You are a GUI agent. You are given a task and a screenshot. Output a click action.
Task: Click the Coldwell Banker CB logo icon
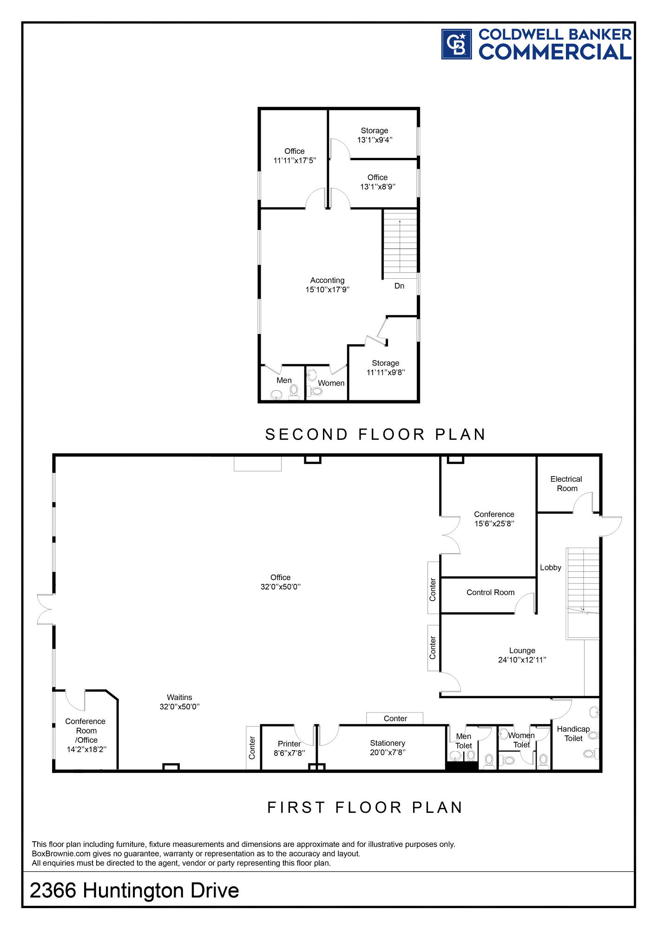(456, 44)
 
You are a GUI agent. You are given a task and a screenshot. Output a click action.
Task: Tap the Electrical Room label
(566, 484)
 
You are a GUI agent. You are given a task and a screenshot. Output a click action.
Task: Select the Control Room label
(491, 592)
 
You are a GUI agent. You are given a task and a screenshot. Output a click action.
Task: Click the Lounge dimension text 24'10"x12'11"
(522, 660)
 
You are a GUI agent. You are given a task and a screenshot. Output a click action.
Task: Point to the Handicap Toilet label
(573, 733)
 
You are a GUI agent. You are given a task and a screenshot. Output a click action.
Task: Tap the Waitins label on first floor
(179, 697)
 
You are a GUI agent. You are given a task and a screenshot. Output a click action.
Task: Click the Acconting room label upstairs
(328, 280)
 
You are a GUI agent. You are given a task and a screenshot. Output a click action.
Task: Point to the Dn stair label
(399, 286)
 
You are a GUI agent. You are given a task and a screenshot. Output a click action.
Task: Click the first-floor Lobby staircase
(583, 593)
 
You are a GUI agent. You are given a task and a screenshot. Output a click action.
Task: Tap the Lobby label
(551, 568)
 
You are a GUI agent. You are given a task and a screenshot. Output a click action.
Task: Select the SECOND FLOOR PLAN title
(375, 434)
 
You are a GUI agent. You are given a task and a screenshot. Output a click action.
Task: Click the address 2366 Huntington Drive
(134, 890)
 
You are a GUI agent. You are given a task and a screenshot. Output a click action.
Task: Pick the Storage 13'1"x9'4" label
(374, 135)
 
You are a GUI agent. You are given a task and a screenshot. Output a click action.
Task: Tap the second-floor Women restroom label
(331, 383)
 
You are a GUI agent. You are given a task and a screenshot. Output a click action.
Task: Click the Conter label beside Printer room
(252, 748)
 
